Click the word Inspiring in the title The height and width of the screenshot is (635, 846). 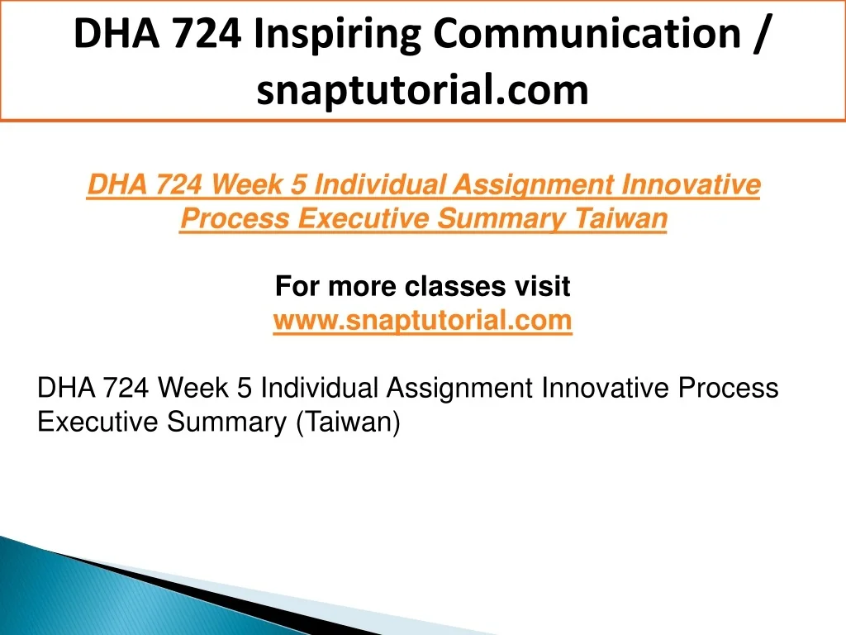[x=337, y=35]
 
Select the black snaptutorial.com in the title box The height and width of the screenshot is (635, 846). [x=422, y=90]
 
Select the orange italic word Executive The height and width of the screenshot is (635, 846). [x=364, y=218]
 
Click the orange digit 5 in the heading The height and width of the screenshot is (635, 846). [x=298, y=184]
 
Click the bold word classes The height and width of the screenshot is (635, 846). [x=455, y=286]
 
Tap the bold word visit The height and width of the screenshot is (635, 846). [x=542, y=286]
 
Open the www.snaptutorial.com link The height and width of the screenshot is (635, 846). [x=422, y=321]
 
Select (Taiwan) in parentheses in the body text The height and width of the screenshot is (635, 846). [x=348, y=422]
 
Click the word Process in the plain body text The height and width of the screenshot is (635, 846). [x=728, y=388]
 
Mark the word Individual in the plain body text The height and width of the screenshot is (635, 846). [x=320, y=388]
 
